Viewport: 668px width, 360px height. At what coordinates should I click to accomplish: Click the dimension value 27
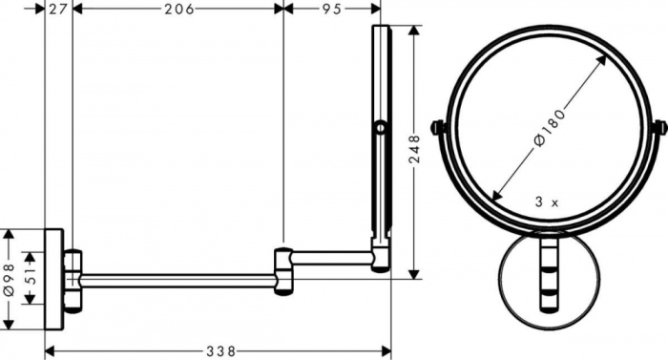click(x=57, y=10)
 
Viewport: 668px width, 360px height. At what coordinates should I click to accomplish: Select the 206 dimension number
click(x=177, y=10)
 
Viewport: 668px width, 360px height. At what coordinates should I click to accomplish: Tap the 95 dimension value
click(x=331, y=10)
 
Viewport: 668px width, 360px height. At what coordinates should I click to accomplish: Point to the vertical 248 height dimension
click(x=414, y=149)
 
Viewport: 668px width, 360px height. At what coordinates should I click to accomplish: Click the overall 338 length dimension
click(x=219, y=350)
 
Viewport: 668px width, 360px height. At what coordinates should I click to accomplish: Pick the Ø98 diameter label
click(x=10, y=278)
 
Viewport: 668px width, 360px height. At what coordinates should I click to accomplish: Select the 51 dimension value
click(x=30, y=279)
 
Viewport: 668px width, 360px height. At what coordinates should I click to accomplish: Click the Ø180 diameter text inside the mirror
click(x=551, y=125)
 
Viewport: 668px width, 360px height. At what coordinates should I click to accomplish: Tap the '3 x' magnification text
click(x=548, y=201)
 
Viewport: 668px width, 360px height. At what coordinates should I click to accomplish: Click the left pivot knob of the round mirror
click(x=438, y=126)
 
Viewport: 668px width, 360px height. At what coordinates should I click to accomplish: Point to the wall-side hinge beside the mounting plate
click(x=73, y=278)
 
